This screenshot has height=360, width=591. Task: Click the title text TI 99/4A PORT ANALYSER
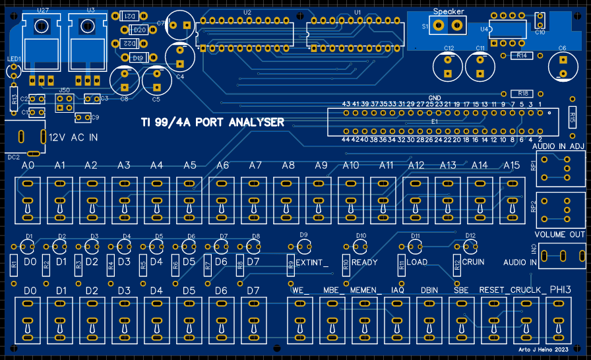213,123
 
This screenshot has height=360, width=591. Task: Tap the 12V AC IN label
73,138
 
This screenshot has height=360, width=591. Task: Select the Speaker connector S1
448,26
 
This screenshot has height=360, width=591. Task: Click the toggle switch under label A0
27,198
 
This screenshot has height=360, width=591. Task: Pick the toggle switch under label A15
511,198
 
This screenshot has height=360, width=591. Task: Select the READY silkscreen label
364,262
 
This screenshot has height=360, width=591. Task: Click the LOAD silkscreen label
417,262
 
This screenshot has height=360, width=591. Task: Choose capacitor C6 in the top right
562,65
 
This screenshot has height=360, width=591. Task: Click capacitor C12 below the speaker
449,66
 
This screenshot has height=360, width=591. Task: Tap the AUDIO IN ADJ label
558,146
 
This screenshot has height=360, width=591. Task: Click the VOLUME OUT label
559,235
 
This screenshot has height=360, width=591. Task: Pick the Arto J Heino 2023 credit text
544,349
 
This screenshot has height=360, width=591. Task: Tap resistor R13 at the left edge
14,100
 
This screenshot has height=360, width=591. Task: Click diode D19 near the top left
138,59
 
